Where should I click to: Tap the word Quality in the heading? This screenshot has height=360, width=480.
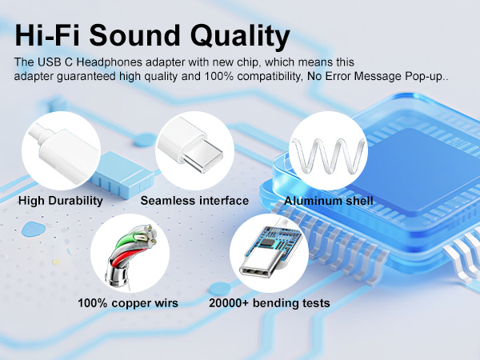(247, 36)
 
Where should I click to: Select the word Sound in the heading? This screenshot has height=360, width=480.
(146, 35)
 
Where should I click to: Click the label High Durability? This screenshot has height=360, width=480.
(60, 200)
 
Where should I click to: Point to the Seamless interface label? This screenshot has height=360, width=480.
(194, 200)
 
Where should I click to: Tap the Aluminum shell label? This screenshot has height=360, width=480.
(329, 200)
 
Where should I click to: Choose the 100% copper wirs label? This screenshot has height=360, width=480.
(128, 303)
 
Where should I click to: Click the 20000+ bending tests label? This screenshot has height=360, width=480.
(269, 303)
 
